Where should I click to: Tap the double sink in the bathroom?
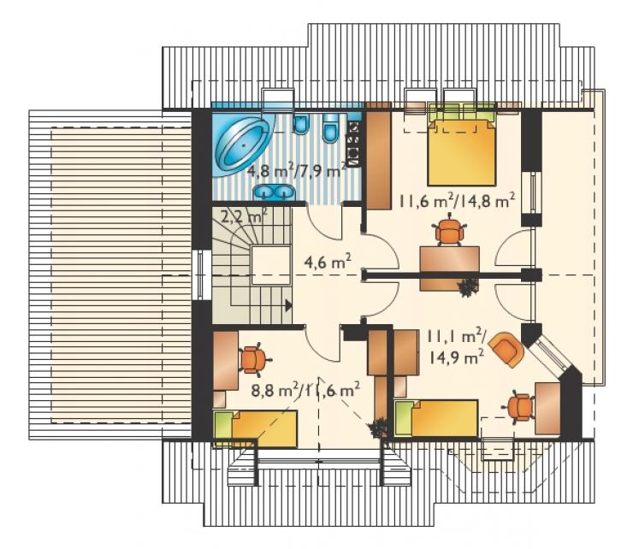click(x=274, y=192)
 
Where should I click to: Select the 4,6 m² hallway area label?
click(x=327, y=263)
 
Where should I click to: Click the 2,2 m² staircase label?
click(x=245, y=217)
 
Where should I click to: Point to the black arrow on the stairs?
click(x=288, y=305)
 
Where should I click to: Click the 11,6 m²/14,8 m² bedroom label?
click(x=457, y=201)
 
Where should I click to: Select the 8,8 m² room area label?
click(x=275, y=391)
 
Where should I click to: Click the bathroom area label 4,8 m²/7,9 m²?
click(x=296, y=172)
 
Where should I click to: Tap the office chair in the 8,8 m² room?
click(x=252, y=360)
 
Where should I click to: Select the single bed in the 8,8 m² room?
click(x=256, y=428)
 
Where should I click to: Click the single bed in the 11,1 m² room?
click(x=436, y=418)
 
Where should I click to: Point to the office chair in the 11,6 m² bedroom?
click(x=449, y=231)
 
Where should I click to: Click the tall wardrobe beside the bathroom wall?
click(x=379, y=159)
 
